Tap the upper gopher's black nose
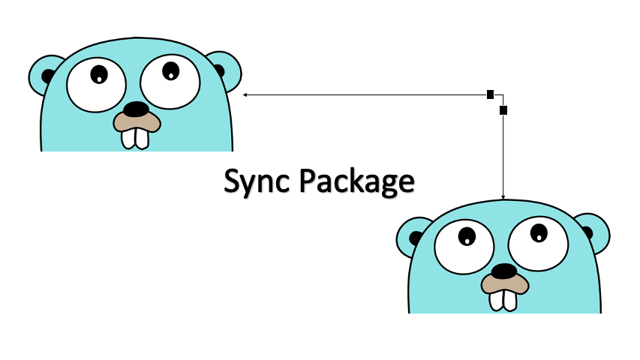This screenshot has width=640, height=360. click(x=136, y=109)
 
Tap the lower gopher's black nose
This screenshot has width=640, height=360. click(x=503, y=271)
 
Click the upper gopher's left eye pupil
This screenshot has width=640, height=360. click(x=99, y=74)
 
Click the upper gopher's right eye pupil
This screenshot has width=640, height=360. click(x=171, y=71)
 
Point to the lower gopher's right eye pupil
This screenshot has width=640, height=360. click(x=539, y=233)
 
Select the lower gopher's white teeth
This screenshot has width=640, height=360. click(x=503, y=298)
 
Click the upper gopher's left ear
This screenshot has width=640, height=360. click(x=47, y=74)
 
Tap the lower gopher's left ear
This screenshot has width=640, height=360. click(x=413, y=236)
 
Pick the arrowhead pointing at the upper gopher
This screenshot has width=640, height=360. click(x=245, y=95)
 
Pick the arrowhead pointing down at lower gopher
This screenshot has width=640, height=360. click(x=503, y=197)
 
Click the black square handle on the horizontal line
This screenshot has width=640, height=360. click(x=490, y=94)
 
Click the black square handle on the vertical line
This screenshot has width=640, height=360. click(x=503, y=110)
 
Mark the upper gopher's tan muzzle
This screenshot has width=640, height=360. click(x=120, y=121)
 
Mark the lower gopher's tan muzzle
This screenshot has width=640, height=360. click(x=488, y=283)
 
